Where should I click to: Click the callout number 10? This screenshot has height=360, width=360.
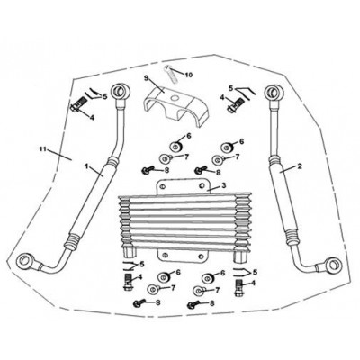tap(188, 75)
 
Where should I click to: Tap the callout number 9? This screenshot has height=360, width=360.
tap(147, 78)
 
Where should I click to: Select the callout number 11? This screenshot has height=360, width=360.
tap(43, 148)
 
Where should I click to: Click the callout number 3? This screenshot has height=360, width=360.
tap(223, 185)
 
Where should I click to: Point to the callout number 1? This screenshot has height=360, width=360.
tap(86, 166)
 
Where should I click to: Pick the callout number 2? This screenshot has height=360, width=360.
tap(299, 166)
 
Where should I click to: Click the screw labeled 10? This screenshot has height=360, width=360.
tap(171, 74)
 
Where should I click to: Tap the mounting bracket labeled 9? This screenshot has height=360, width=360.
tap(174, 106)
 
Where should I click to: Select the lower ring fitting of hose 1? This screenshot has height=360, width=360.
tap(24, 260)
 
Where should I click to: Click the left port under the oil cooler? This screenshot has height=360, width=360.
tap(129, 251)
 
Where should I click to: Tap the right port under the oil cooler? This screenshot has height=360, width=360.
tap(240, 255)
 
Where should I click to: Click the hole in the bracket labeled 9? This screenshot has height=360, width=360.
tap(175, 98)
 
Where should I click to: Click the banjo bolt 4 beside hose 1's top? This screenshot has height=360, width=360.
tap(77, 106)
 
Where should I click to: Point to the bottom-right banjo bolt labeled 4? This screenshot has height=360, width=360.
tap(238, 287)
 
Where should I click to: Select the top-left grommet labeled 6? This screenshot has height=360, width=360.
tap(176, 147)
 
